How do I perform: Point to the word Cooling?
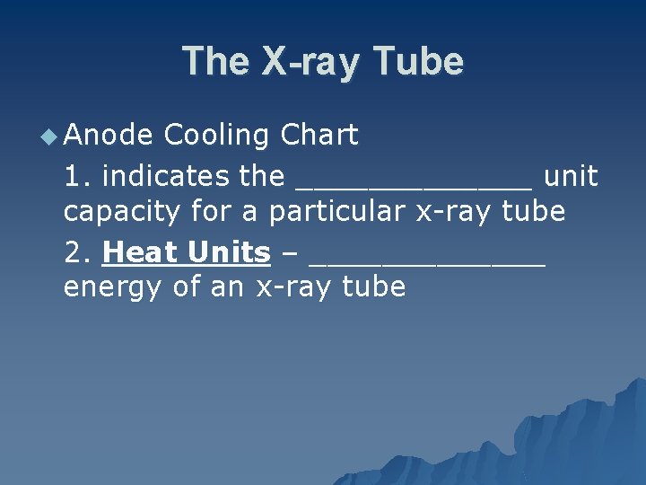click(x=217, y=136)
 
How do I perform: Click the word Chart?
click(x=319, y=136)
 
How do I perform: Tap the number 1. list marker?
click(x=77, y=176)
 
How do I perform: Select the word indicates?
click(x=167, y=176)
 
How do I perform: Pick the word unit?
click(x=571, y=176)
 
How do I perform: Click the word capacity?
click(x=122, y=214)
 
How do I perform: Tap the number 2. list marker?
click(x=77, y=252)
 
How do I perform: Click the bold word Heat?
click(x=141, y=252)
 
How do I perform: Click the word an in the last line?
click(x=235, y=289)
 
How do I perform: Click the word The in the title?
click(x=216, y=62)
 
